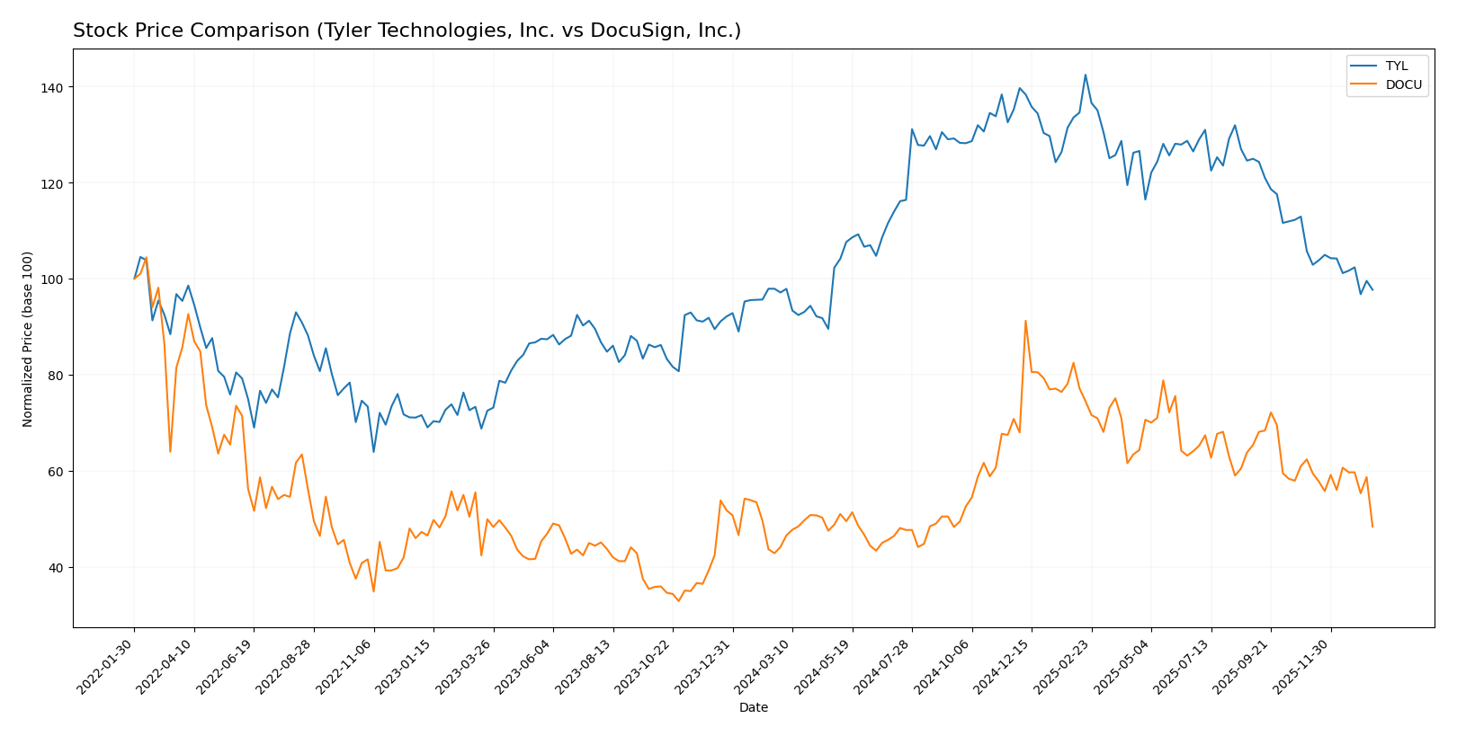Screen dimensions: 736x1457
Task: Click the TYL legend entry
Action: point(1396,66)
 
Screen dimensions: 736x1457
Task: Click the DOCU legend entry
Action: point(1403,85)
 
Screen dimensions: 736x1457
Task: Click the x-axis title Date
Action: point(754,708)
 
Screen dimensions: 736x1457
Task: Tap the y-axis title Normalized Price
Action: point(28,339)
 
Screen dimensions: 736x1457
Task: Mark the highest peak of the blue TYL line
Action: point(1085,75)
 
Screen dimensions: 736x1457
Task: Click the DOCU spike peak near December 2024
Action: point(1025,321)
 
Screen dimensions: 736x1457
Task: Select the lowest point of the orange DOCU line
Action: point(678,600)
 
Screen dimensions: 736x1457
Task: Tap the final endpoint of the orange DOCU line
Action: point(1372,527)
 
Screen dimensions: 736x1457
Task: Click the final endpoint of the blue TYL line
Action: point(1372,289)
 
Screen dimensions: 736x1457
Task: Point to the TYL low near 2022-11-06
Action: point(373,451)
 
